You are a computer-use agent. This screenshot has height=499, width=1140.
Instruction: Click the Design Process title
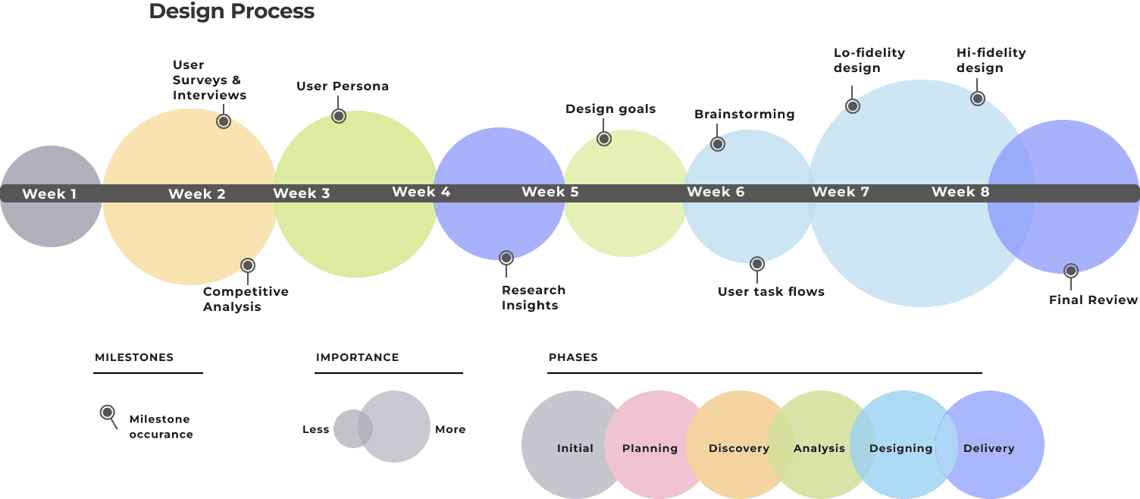[x=231, y=11]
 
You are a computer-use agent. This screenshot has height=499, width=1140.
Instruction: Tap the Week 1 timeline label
[x=49, y=194]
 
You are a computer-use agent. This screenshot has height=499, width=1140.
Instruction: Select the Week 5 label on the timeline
[x=550, y=192]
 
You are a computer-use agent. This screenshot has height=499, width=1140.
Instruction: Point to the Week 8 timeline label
[x=960, y=192]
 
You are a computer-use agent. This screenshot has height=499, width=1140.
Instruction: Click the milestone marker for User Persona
[x=339, y=116]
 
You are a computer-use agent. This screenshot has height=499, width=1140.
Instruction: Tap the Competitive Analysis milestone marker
[x=248, y=265]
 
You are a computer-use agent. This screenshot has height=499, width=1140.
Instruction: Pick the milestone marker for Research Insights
[x=506, y=258]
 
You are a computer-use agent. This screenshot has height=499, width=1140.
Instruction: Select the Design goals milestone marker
[x=604, y=139]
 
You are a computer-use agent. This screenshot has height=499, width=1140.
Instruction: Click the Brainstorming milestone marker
[x=718, y=144]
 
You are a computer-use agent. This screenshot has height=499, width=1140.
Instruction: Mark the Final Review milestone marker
[x=1071, y=270]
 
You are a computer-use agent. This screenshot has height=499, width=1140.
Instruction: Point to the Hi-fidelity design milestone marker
[x=978, y=98]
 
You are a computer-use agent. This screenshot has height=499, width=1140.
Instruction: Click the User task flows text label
[x=771, y=292]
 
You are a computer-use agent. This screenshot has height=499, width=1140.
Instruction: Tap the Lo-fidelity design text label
[x=869, y=61]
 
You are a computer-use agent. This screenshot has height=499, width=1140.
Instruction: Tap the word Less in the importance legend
[x=315, y=429]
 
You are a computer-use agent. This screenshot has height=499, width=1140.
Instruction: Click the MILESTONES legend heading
[x=134, y=357]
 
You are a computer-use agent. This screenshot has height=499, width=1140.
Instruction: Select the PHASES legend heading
[x=573, y=357]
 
